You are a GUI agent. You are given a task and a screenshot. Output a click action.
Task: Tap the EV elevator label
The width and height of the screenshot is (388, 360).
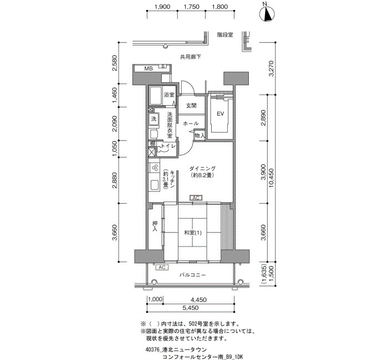220,114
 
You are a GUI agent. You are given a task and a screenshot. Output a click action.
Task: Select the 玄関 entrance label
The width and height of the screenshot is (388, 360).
191,106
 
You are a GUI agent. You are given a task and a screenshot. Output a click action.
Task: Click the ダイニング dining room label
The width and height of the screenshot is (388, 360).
202,168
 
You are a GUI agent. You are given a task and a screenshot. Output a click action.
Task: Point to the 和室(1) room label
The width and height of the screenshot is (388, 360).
193,233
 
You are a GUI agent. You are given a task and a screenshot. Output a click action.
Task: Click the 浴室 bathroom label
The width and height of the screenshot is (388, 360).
169,95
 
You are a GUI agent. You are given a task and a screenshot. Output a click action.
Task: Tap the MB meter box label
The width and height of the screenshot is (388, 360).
149,69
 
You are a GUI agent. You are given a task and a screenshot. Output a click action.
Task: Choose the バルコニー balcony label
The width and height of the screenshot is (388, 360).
192,275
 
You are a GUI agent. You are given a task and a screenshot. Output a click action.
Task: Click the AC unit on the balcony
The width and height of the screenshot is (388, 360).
162,268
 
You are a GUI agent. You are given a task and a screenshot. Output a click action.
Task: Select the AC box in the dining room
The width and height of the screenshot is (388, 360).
196,198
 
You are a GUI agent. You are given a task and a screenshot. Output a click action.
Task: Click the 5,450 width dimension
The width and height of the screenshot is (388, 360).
190,308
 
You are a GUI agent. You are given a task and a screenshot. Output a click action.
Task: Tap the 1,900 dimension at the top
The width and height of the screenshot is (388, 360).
162,7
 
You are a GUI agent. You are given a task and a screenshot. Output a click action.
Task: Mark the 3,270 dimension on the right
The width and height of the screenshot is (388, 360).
271,69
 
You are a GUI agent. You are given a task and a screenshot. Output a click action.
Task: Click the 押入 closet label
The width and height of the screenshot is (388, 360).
155,226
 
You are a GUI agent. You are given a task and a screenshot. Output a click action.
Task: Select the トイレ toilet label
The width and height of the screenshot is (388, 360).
169,146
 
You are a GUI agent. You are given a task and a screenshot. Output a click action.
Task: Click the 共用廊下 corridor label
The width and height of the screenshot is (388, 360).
190,57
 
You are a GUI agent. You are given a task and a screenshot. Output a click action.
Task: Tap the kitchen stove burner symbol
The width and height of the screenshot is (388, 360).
155,168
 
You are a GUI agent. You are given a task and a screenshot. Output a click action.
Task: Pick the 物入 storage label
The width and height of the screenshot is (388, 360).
200,136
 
